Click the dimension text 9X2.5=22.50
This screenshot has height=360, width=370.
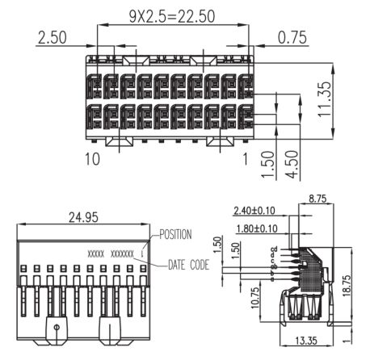172,16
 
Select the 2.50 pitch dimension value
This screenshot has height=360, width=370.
53,37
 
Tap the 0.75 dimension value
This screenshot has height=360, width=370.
292,37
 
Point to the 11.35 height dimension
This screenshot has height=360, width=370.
324,99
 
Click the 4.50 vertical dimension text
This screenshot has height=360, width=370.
292,164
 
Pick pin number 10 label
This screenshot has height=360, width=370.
92,159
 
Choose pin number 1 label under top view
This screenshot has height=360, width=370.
245,159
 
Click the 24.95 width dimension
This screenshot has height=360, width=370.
83,217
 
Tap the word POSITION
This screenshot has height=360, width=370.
175,234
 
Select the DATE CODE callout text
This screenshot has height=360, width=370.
188,265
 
